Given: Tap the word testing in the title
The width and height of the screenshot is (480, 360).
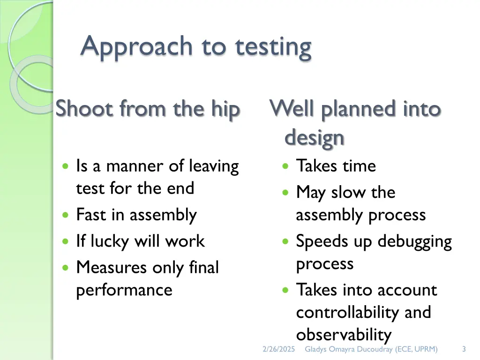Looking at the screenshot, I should point(273,47).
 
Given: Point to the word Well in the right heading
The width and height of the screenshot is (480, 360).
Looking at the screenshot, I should point(292,109).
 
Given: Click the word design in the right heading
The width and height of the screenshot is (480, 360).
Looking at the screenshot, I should point(315,138).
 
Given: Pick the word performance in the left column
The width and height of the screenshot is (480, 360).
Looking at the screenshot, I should point(124,290).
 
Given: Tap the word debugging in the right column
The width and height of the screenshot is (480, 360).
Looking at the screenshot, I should point(414,241).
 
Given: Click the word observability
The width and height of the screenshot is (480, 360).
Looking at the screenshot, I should point(344,335).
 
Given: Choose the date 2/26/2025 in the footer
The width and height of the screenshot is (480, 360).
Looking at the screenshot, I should point(279,349).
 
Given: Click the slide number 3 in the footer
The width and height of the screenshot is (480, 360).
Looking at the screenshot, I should point(464,349).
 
